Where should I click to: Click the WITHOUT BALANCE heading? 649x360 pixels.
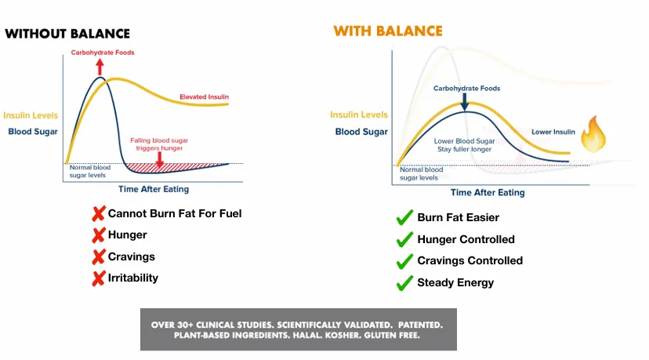pos(67,34)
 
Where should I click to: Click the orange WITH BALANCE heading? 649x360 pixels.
pos(388,31)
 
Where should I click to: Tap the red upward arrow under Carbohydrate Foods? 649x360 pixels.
pos(100,67)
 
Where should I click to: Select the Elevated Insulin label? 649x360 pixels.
pos(204,97)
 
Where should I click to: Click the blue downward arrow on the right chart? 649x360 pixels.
pos(465,102)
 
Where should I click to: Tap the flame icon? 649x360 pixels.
pos(593,134)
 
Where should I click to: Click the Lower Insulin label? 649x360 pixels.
pos(553,132)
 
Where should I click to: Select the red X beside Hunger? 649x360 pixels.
pos(99,235)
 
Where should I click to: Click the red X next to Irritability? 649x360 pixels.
pos(99,278)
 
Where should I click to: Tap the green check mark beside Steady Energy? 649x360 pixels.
pos(404,283)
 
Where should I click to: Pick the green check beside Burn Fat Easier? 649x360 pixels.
pos(404,217)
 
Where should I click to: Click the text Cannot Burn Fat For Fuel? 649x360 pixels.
pos(175,214)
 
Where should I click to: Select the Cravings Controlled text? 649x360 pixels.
pos(470,260)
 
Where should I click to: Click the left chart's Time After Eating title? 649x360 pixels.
pos(154,189)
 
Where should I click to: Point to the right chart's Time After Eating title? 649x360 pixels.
pos(488,193)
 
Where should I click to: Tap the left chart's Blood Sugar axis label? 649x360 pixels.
pos(33,132)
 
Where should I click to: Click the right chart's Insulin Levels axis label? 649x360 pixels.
pos(359,115)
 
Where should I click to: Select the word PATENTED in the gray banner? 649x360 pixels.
pos(421,325)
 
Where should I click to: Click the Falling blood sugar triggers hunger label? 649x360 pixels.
pos(159,144)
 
